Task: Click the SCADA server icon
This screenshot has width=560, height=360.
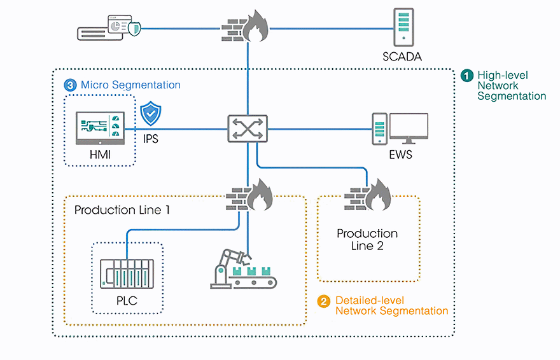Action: pos(402,28)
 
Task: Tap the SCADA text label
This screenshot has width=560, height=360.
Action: pos(402,57)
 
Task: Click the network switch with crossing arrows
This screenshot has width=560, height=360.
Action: pos(248,128)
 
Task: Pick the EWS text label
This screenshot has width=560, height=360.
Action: pos(400,155)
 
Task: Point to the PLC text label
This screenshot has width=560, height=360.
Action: pos(127,301)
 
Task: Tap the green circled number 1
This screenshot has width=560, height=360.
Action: pos(467,75)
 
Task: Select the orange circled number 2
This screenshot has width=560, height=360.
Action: pos(324,301)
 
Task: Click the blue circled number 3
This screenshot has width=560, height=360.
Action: pos(70,85)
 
